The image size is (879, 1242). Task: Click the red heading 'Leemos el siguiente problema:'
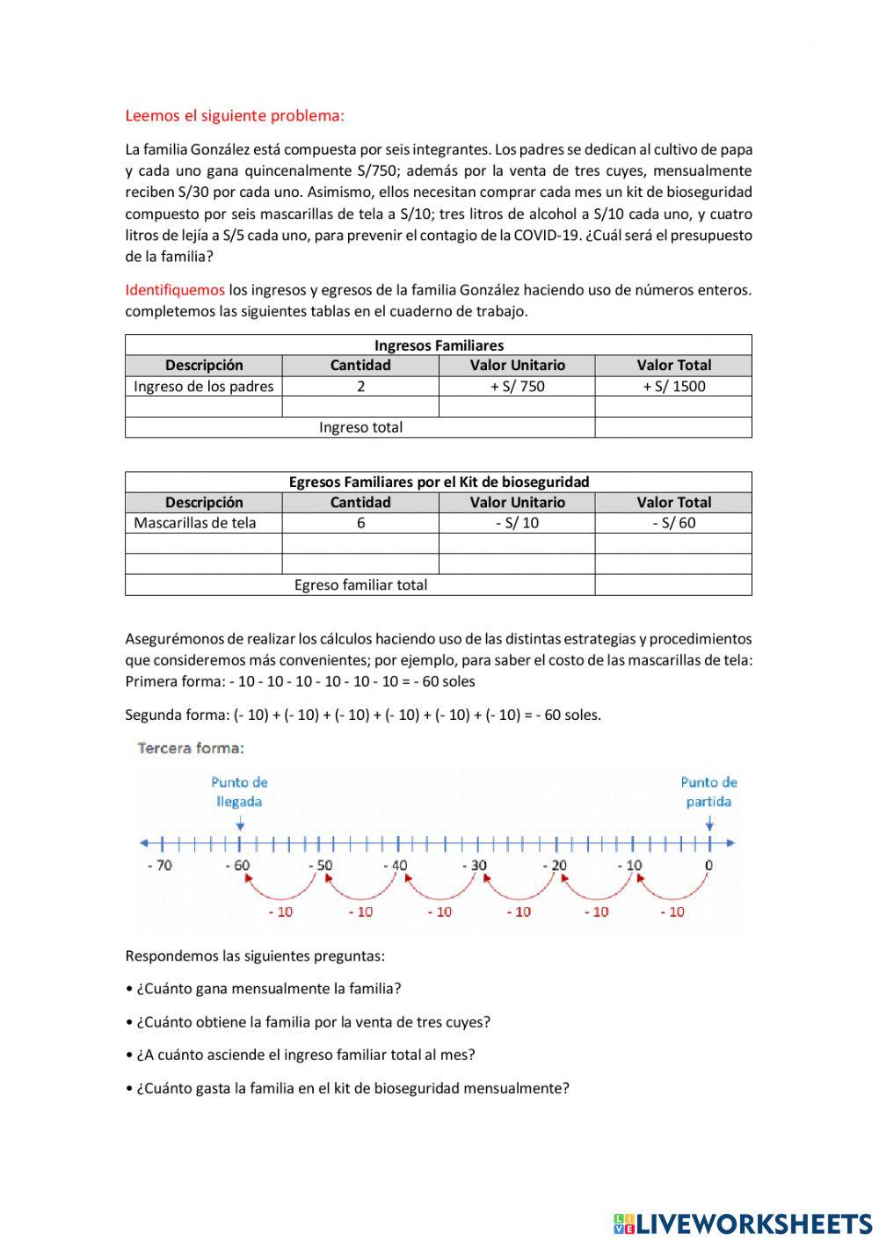(235, 115)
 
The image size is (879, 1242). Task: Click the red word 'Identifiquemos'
(175, 289)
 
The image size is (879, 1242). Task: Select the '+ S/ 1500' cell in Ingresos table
(673, 386)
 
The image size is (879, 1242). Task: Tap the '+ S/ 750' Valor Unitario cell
(517, 386)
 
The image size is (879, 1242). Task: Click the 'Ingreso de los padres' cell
(203, 386)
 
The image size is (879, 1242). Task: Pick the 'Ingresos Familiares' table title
(439, 345)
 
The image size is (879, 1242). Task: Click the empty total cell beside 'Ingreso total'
(673, 427)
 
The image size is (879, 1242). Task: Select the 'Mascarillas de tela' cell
(195, 522)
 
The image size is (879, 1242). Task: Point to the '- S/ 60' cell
(673, 522)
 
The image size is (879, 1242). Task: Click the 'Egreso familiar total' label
(360, 585)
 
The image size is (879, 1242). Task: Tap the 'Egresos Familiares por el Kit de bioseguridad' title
(439, 482)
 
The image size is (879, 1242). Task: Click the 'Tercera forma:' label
(191, 748)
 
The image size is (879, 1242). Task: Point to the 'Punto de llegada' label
(239, 791)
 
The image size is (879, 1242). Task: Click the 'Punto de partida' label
(708, 791)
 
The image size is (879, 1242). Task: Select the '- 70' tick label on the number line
(160, 865)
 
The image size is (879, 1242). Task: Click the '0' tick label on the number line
(708, 865)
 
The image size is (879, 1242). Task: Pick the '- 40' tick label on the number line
(396, 865)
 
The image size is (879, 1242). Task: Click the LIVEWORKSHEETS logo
(743, 1223)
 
